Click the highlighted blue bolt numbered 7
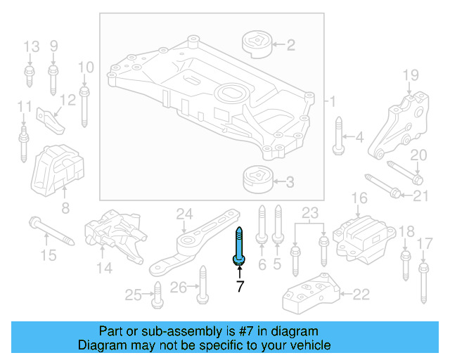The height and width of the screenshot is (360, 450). (239, 246)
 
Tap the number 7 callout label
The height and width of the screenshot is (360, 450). (240, 286)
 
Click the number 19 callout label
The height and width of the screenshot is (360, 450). (410, 75)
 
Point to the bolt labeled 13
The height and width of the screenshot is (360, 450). (30, 75)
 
